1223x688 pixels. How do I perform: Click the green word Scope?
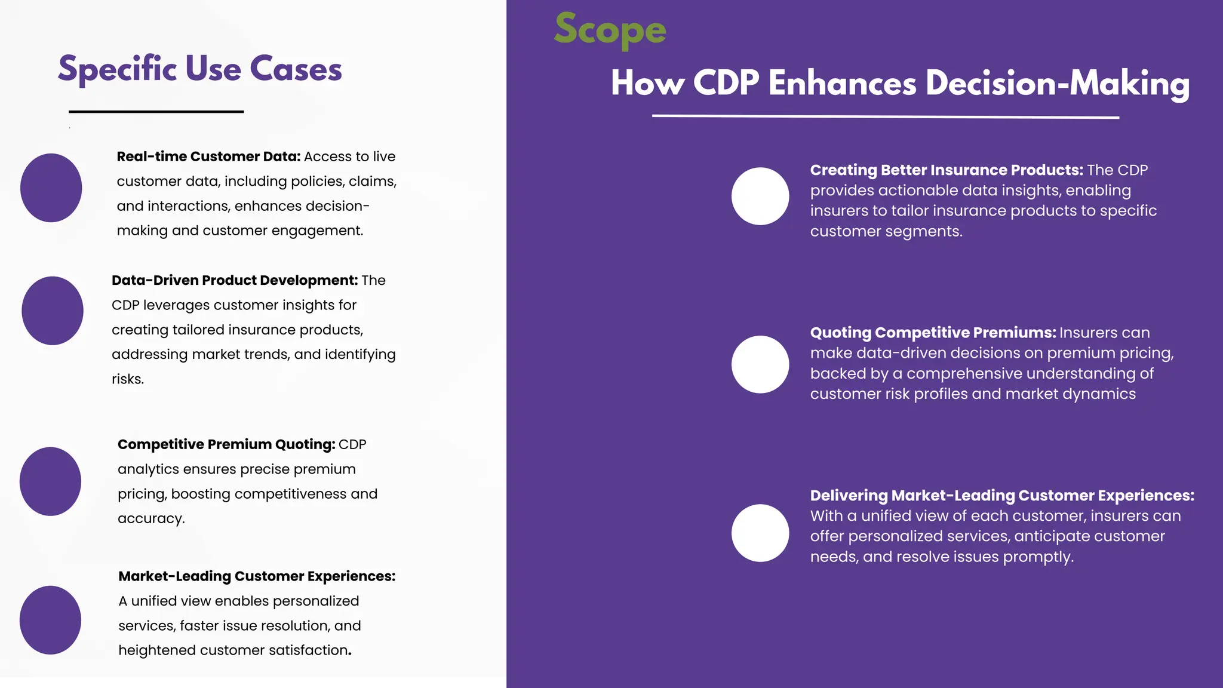[610, 30]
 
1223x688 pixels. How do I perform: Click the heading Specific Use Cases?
[199, 69]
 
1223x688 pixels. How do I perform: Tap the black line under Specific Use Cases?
[156, 112]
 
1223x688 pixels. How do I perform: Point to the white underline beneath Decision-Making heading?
[885, 116]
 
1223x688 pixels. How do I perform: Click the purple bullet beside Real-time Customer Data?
[51, 188]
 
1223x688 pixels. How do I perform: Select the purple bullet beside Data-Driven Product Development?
[53, 311]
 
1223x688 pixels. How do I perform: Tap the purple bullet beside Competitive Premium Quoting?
[50, 481]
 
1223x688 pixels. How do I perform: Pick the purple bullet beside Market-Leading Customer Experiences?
[50, 620]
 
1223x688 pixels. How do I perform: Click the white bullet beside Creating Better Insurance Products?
[760, 196]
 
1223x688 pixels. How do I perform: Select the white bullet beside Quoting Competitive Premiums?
[760, 364]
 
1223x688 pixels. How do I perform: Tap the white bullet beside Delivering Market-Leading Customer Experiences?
[760, 533]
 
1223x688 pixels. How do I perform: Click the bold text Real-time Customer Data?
[208, 156]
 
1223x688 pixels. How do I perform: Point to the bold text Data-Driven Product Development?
[235, 280]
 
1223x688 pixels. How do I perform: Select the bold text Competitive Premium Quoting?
[226, 444]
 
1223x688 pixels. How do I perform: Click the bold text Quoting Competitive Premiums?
[933, 333]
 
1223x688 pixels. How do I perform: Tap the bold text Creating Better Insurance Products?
[947, 170]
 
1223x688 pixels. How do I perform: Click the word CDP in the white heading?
[726, 83]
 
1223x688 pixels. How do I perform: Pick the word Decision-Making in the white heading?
[1058, 83]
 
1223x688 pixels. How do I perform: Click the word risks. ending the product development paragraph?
[128, 379]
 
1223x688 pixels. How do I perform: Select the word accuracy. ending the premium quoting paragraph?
[151, 518]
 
